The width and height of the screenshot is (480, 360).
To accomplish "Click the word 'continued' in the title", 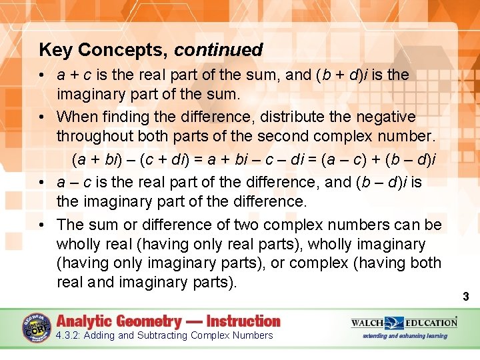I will tap(219, 50).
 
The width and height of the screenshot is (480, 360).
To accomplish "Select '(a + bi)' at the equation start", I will tap(94, 159).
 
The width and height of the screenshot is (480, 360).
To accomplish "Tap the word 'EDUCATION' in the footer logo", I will tap(429, 323).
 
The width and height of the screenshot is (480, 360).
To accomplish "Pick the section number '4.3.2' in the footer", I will tap(69, 335).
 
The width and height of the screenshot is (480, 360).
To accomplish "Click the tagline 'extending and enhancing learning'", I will tap(405, 335).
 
